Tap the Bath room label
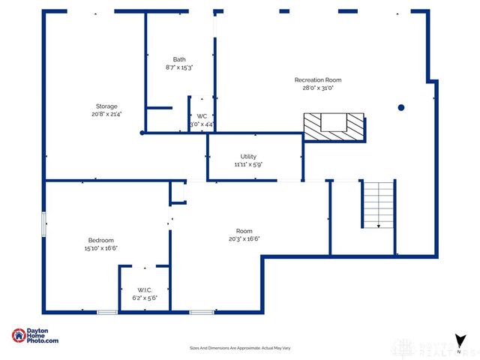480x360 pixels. pyautogui.click(x=179, y=59)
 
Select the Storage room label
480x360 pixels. pyautogui.click(x=106, y=106)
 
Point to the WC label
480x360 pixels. pyautogui.click(x=202, y=115)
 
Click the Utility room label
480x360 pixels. pyautogui.click(x=247, y=156)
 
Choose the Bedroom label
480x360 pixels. pyautogui.click(x=100, y=240)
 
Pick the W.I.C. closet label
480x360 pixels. pyautogui.click(x=145, y=289)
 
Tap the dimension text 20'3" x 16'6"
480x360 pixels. pyautogui.click(x=244, y=239)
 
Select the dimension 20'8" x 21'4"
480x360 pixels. pyautogui.click(x=106, y=115)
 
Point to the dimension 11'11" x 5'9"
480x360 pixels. pyautogui.click(x=247, y=164)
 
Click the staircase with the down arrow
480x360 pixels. pyautogui.click(x=379, y=204)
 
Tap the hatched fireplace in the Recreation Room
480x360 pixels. pyautogui.click(x=334, y=125)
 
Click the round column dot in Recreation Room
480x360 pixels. pyautogui.click(x=401, y=107)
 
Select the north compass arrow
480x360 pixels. pyautogui.click(x=458, y=341)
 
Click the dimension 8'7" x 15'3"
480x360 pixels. pyautogui.click(x=179, y=67)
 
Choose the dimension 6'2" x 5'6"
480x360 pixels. pyautogui.click(x=145, y=298)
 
